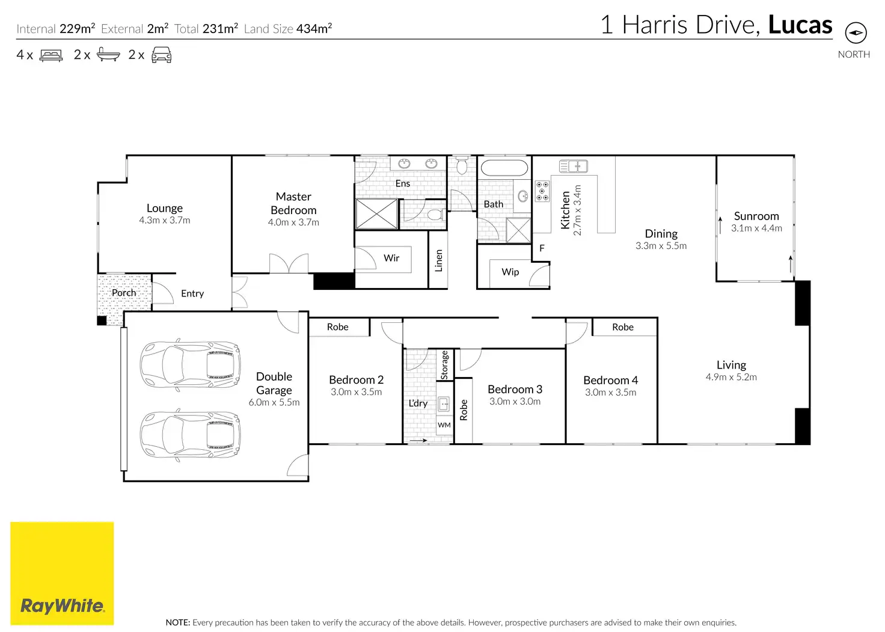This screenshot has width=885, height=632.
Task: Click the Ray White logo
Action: pos(62,573)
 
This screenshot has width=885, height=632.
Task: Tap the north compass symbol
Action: pos(856,32)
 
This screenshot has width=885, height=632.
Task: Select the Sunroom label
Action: pos(756,216)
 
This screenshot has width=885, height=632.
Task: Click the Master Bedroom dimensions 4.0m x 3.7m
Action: pos(293,222)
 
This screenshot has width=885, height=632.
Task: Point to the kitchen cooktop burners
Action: pos(542,191)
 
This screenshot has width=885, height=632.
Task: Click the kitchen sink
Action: pos(574,167)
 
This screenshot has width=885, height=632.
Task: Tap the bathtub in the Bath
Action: pos(504,168)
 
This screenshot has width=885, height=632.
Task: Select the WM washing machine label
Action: pos(444,425)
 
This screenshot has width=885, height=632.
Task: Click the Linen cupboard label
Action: pos(438,260)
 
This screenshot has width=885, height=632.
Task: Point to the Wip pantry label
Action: pos(510,272)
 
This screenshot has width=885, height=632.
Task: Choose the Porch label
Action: pos(124,292)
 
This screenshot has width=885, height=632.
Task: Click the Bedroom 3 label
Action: pos(515,389)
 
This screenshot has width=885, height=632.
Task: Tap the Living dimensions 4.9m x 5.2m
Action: pos(731,376)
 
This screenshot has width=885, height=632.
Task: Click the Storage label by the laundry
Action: pos(444,365)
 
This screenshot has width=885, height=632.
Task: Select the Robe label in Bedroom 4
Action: pos(623,327)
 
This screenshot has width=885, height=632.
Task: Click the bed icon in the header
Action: pos(51,55)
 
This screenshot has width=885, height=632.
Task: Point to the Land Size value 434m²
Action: pos(314,28)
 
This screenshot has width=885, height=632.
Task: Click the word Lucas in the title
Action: pos(800,25)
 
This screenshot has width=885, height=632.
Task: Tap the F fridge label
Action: pos(542,248)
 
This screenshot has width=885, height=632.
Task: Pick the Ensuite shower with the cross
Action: pos(377,214)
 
